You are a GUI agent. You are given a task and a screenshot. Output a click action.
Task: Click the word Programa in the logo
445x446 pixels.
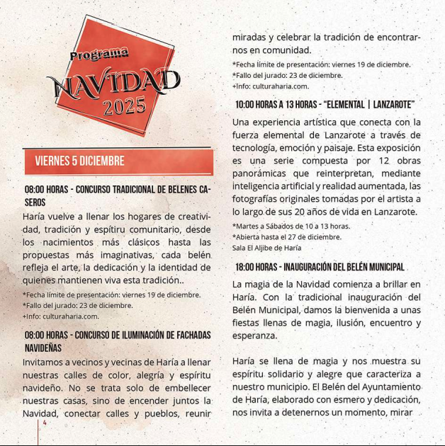click(x=99, y=54)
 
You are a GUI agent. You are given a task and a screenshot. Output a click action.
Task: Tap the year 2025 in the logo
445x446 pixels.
click(x=125, y=107)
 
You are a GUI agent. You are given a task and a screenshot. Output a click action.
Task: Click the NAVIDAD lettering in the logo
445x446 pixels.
click(x=113, y=84)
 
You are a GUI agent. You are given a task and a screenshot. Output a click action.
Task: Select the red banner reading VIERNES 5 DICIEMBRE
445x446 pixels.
click(x=118, y=161)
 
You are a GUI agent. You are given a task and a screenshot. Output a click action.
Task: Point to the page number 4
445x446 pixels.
click(x=45, y=423)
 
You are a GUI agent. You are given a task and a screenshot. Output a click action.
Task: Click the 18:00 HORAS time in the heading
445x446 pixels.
click(x=255, y=267)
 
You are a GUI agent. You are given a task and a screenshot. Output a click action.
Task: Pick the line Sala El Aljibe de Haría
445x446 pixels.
click(x=266, y=248)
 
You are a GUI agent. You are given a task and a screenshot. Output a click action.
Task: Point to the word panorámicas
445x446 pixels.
click(x=261, y=173)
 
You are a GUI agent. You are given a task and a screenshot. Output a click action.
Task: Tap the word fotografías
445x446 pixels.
click(x=259, y=199)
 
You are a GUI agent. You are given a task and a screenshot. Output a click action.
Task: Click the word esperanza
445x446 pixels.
click(x=254, y=336)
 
